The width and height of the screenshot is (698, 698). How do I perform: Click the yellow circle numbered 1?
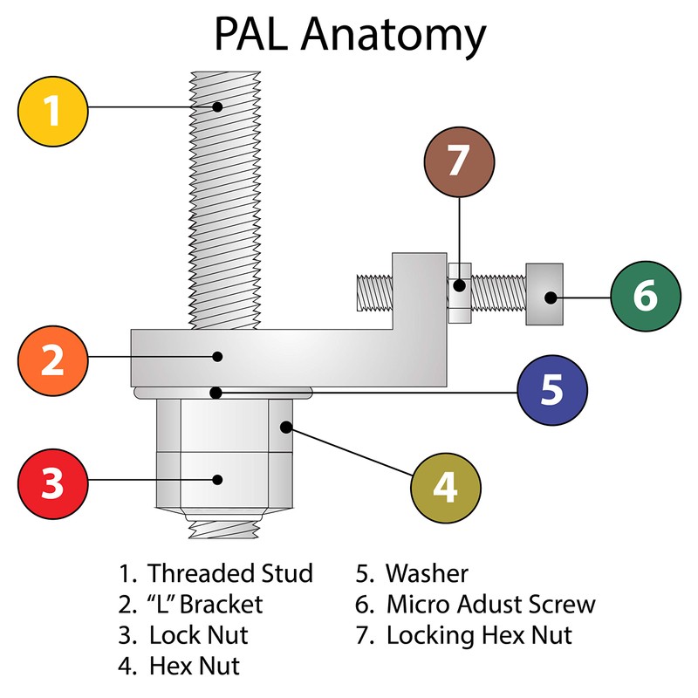click(53, 110)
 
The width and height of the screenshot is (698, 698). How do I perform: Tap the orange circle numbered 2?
click(53, 359)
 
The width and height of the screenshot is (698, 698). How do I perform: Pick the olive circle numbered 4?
click(445, 489)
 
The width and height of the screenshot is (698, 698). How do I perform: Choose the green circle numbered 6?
click(645, 296)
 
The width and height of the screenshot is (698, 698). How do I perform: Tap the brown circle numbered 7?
click(459, 161)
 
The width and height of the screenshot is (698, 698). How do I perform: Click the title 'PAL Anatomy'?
click(349, 37)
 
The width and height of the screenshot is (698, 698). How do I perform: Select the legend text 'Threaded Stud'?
click(229, 573)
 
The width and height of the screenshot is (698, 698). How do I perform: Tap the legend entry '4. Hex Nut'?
click(179, 666)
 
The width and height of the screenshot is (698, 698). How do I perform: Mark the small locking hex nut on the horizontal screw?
click(460, 292)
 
